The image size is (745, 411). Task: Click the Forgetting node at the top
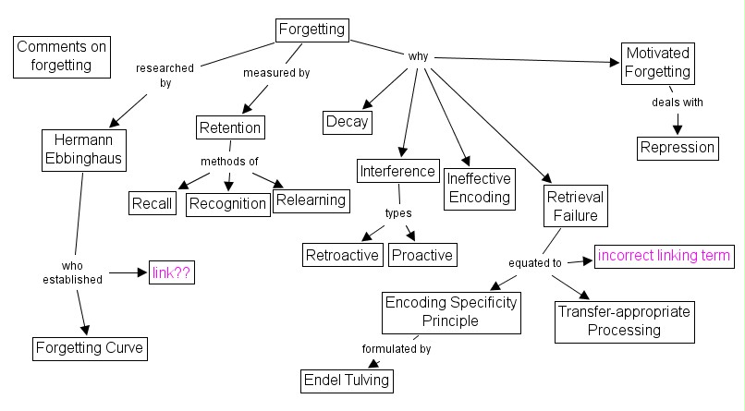coord(312,30)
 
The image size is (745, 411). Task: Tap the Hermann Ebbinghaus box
coord(82,149)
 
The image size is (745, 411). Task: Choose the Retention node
coord(230,127)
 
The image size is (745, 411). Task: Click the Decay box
coord(348,121)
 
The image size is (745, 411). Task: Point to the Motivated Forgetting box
coord(658,64)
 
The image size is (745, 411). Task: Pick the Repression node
coord(678,147)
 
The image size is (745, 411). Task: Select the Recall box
coord(153,203)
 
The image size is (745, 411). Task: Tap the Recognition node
coord(227,203)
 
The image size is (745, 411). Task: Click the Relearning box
coord(310,199)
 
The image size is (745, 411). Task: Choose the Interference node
coord(397,171)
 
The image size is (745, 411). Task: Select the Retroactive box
coord(343,254)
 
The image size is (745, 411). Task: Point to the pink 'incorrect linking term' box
coord(665,255)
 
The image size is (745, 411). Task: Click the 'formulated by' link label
coord(396,349)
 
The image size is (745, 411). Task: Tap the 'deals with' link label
coord(677,103)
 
